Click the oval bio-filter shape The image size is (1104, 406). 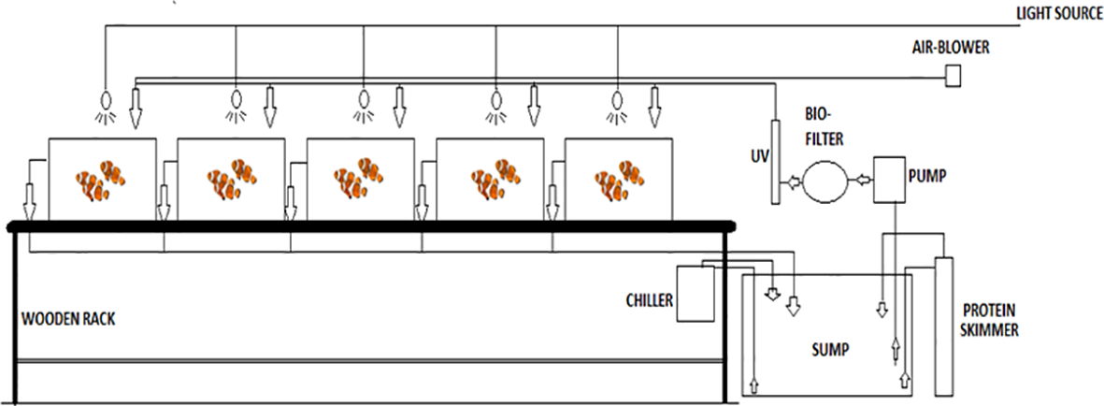click(823, 181)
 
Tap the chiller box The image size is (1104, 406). click(695, 295)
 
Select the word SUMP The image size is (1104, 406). click(829, 350)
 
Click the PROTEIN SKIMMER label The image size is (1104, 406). click(992, 319)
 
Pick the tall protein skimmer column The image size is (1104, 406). click(942, 323)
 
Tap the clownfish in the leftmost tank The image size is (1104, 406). click(101, 179)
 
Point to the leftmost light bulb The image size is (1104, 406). click(105, 99)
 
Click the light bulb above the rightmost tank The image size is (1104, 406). click(616, 99)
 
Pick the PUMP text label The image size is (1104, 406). click(924, 173)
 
